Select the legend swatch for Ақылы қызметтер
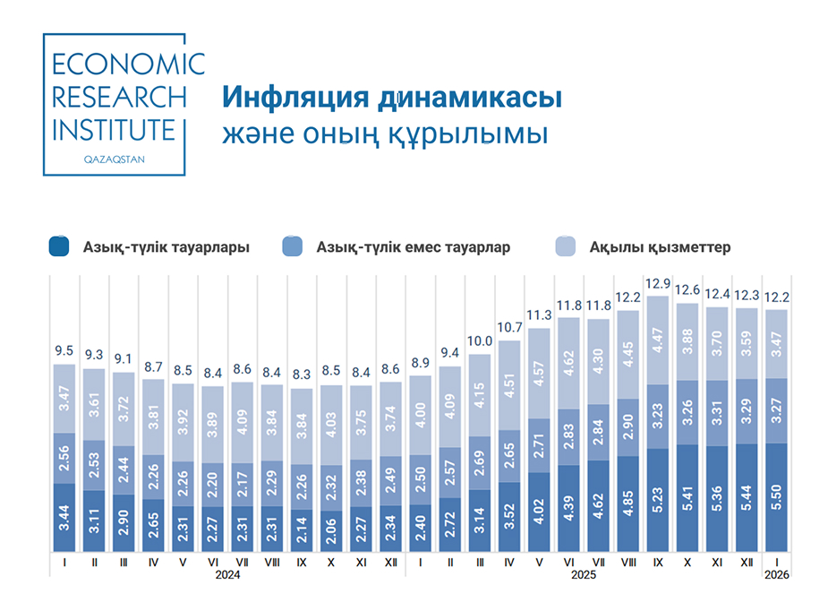coord(566,246)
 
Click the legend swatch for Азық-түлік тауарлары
coord(59,246)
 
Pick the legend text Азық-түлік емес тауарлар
coord(413,246)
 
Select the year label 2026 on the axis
coord(776,576)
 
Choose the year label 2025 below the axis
coord(583,576)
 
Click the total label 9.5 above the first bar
coord(64,351)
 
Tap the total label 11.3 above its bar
coord(539,315)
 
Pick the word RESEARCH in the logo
coord(120,97)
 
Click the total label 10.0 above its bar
coord(480,341)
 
